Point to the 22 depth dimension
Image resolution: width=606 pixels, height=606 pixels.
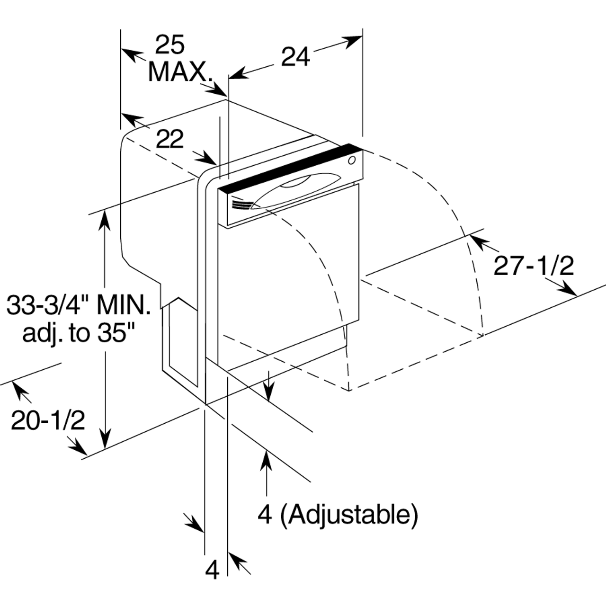(169, 139)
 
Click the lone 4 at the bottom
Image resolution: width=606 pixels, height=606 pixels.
(213, 570)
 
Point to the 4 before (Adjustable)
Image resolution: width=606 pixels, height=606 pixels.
(266, 514)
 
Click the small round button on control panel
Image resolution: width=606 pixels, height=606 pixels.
(351, 161)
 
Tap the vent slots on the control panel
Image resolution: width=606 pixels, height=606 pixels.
(241, 205)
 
